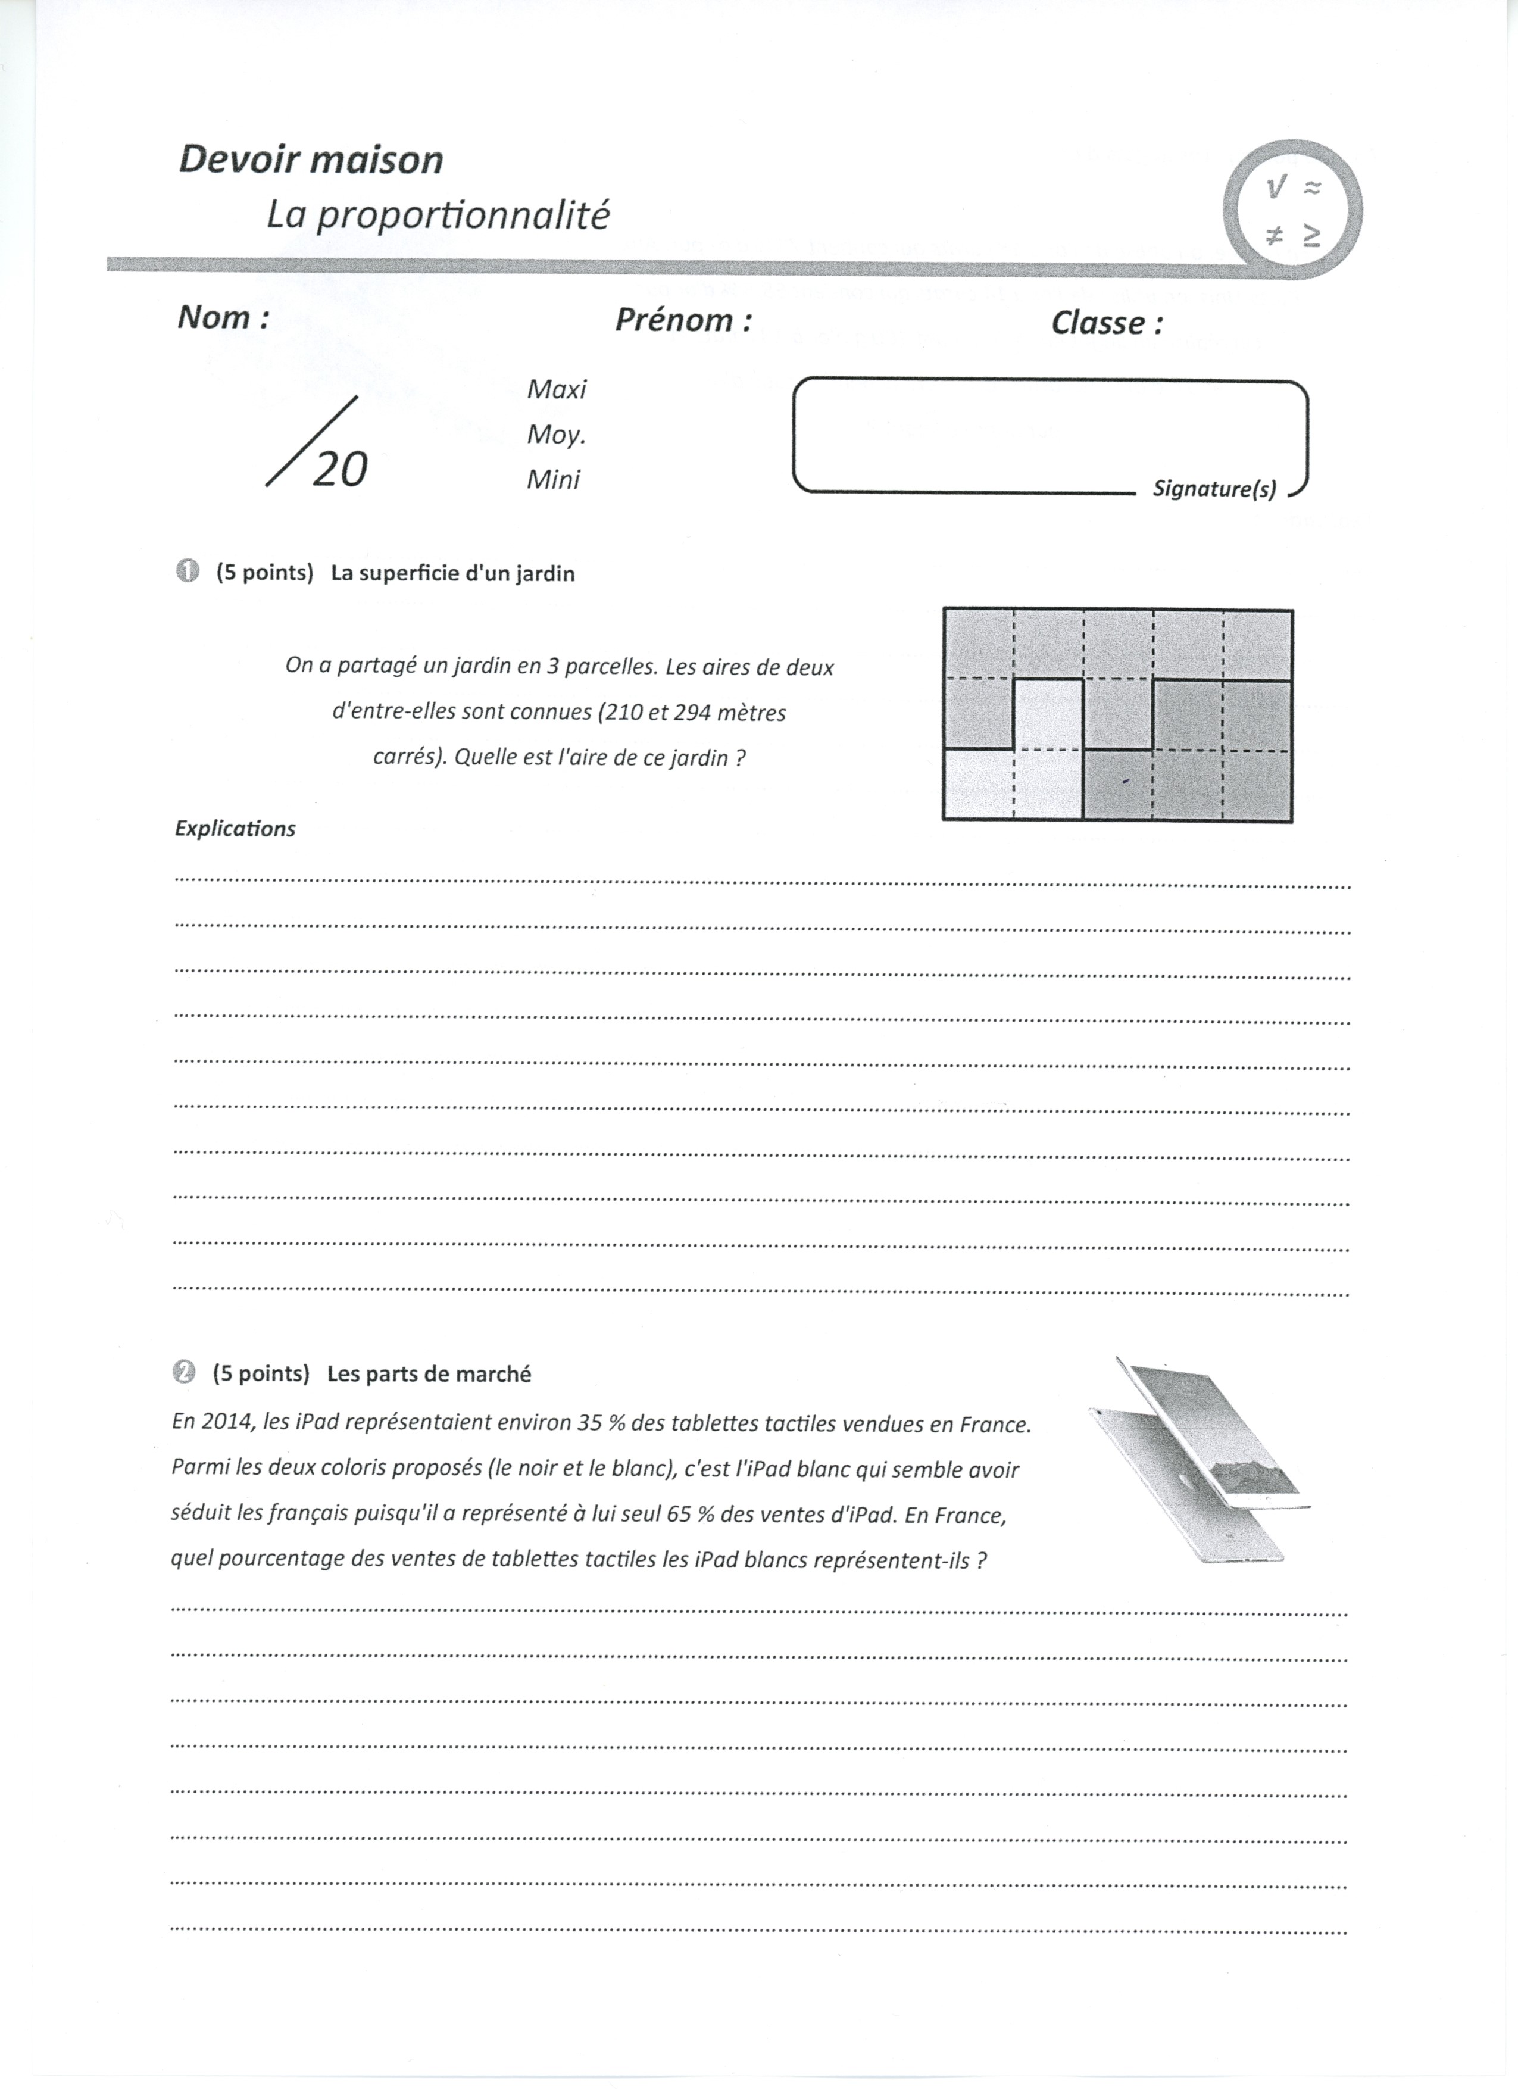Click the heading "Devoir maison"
point(310,160)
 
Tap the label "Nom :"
point(223,318)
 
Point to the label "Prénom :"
point(683,320)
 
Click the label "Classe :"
point(1106,323)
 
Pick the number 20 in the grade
point(340,470)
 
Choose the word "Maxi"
point(557,389)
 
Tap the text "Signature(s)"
point(1214,490)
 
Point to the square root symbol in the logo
point(1275,189)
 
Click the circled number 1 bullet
point(187,572)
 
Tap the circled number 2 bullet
point(184,1372)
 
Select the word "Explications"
point(235,829)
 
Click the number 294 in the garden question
point(693,713)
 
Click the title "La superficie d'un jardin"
point(452,574)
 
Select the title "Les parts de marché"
point(429,1374)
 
